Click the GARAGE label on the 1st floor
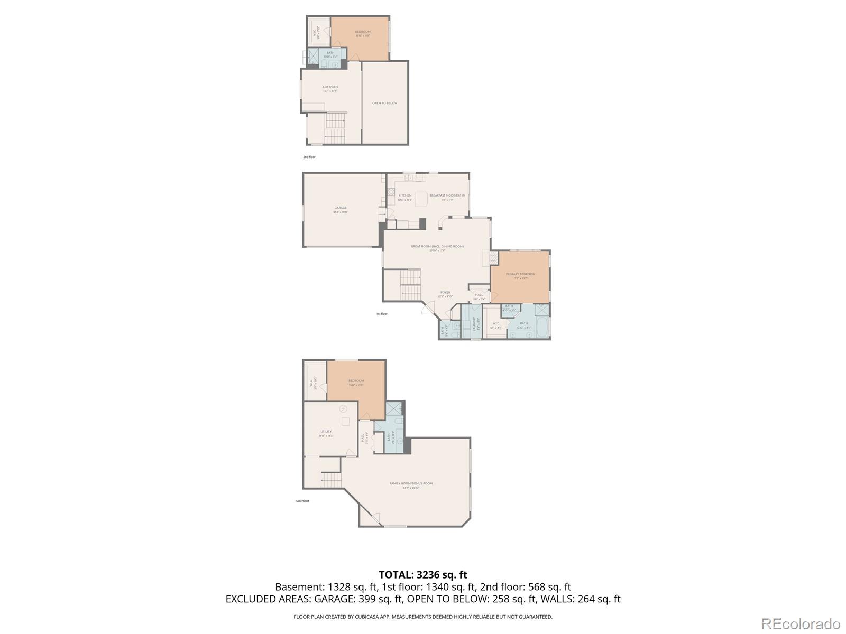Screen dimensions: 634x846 (341, 208)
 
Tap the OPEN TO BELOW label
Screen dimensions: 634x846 (384, 103)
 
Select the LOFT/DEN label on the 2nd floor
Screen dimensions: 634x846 (330, 87)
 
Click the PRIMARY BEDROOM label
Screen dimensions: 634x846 (520, 274)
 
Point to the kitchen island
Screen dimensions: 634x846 (421, 199)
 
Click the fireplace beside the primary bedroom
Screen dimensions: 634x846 (493, 258)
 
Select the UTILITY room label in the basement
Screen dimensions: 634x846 (326, 432)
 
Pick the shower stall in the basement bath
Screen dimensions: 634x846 (394, 409)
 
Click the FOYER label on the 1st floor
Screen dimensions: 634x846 (445, 292)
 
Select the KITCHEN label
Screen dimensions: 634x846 (404, 195)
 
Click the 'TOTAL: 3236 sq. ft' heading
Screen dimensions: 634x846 (423, 574)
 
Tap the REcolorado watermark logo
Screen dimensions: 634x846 (801, 623)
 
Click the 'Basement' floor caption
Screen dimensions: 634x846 (302, 501)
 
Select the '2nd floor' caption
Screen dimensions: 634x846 (309, 157)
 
